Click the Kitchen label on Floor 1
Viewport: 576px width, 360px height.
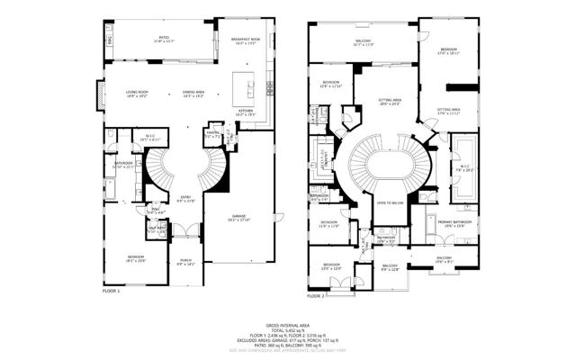pos(246,113)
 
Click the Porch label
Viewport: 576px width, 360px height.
pos(185,263)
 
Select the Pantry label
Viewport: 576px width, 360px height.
pos(212,135)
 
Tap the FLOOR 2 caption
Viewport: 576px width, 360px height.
pos(316,295)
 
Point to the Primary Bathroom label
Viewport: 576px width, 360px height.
pos(449,222)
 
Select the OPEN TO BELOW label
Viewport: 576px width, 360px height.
pos(390,202)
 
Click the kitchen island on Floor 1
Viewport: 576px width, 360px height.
pos(243,88)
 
